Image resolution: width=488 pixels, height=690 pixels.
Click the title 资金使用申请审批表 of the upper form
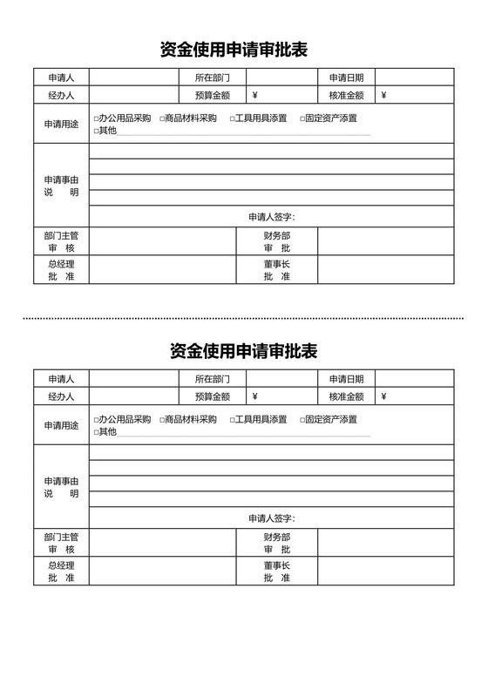pyautogui.click(x=234, y=50)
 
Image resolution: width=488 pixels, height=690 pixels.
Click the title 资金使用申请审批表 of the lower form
pyautogui.click(x=243, y=351)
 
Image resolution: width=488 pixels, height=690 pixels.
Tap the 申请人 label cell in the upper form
pyautogui.click(x=61, y=78)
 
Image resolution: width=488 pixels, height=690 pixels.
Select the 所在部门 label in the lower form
pyautogui.click(x=213, y=379)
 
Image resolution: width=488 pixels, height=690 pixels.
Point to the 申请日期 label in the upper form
pyautogui.click(x=346, y=78)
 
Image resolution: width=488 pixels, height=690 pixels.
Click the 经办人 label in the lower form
pyautogui.click(x=61, y=396)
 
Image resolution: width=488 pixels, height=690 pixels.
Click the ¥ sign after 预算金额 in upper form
pyautogui.click(x=254, y=96)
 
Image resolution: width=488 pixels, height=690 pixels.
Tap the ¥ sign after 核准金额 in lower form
pyautogui.click(x=383, y=396)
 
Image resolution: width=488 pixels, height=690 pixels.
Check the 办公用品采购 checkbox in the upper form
pyautogui.click(x=96, y=118)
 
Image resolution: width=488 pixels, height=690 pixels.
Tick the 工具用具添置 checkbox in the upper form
pyautogui.click(x=233, y=118)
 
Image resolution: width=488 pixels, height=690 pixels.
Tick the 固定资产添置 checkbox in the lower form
pyautogui.click(x=303, y=420)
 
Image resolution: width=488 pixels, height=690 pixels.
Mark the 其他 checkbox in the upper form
pyautogui.click(x=96, y=131)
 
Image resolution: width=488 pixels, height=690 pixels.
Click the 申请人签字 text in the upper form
pyautogui.click(x=271, y=217)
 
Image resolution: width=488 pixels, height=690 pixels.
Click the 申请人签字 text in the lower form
pyautogui.click(x=271, y=517)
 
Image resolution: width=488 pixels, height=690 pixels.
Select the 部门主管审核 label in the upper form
pyautogui.click(x=61, y=241)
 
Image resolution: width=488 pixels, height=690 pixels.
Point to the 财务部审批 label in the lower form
pyautogui.click(x=277, y=544)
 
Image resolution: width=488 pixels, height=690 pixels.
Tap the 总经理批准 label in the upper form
pyautogui.click(x=61, y=270)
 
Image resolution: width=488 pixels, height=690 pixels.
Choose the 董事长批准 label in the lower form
pyautogui.click(x=277, y=572)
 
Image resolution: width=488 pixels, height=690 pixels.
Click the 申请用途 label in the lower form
pyautogui.click(x=61, y=425)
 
